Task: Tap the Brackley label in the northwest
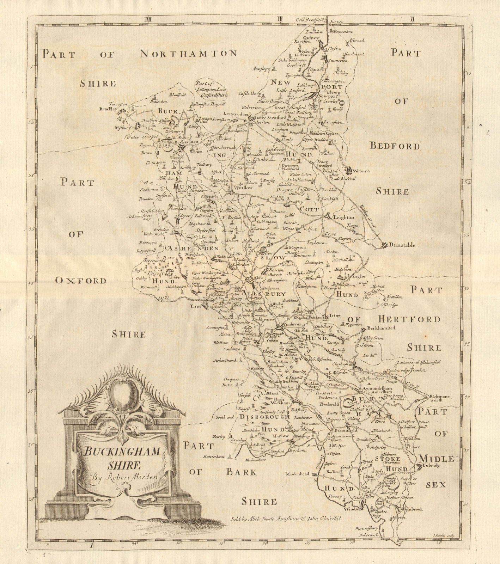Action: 108,110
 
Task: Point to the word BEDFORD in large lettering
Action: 395,146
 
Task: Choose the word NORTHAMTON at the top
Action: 188,54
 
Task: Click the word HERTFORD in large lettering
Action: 409,319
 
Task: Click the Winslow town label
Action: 243,188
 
